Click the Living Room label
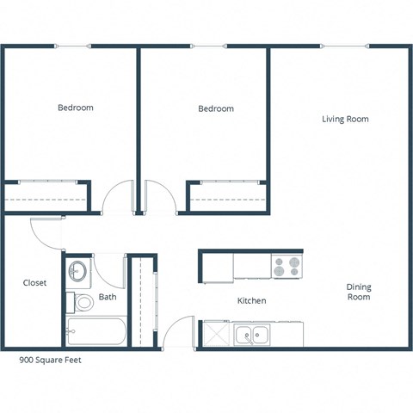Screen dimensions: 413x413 (x=345, y=119)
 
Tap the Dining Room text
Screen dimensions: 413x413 (x=358, y=292)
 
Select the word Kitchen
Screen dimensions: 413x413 (x=251, y=301)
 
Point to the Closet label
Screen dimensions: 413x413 (x=34, y=282)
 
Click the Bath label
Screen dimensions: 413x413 (x=108, y=298)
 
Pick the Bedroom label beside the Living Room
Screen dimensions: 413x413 (x=215, y=108)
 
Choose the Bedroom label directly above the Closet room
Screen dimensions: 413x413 (x=76, y=108)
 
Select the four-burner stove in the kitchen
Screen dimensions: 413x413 (x=287, y=266)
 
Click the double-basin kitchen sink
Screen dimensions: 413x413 (x=253, y=335)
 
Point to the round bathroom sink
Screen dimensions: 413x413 (x=77, y=272)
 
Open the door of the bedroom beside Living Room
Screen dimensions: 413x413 (x=162, y=198)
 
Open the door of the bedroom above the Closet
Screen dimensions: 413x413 (x=117, y=199)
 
